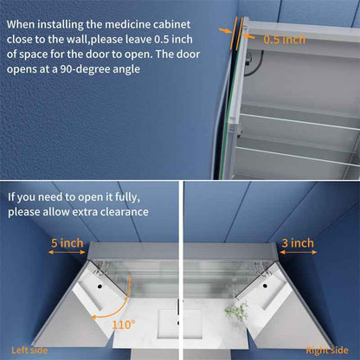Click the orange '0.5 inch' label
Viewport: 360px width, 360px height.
(x=285, y=39)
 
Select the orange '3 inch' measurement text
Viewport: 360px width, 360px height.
(x=298, y=243)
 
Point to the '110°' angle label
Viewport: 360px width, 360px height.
(x=122, y=324)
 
